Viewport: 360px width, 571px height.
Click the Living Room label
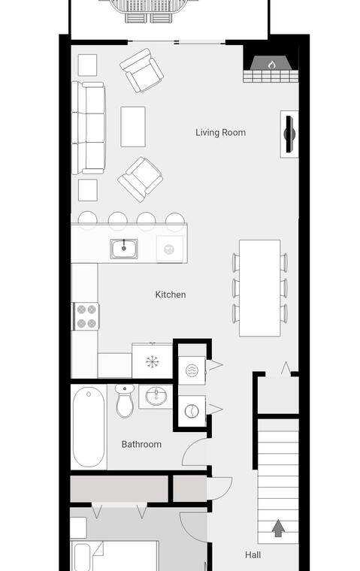point(220,132)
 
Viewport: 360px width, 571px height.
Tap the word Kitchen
point(171,295)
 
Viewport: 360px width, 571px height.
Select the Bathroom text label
point(141,444)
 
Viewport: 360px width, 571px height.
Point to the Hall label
point(253,554)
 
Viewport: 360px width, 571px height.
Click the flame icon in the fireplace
point(271,65)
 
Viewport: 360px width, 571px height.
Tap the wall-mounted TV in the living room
point(289,134)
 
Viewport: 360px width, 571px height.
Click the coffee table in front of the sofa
point(133,127)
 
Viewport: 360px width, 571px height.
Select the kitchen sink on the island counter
point(124,249)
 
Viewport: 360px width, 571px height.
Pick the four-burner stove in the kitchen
point(86,316)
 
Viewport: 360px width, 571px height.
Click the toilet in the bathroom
point(125,400)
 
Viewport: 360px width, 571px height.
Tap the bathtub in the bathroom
point(89,427)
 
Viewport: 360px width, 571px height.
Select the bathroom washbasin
point(156,396)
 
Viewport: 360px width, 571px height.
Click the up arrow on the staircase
point(278,527)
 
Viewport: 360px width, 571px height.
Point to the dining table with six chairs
point(260,288)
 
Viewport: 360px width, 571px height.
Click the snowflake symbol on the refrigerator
point(153,361)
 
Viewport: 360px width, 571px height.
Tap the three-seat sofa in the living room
point(89,128)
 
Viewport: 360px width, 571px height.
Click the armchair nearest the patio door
point(142,71)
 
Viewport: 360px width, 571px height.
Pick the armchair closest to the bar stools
point(141,179)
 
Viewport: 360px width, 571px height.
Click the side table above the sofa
point(87,65)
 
